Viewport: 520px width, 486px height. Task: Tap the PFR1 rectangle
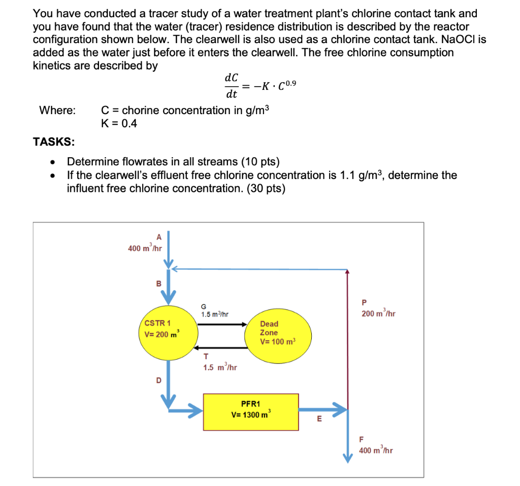tap(251, 410)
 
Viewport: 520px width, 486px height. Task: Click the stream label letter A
tap(158, 237)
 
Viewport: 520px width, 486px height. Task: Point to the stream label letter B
tap(158, 284)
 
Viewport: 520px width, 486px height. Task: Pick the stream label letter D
tap(158, 380)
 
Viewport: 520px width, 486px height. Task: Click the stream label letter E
tap(319, 419)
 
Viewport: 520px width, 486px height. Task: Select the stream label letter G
tap(204, 306)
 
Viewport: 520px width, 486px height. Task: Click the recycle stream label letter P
tap(364, 303)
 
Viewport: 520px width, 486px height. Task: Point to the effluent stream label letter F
tap(362, 439)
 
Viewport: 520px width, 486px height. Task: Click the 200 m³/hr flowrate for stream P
tap(378, 314)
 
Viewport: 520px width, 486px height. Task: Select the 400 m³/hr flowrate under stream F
tap(376, 450)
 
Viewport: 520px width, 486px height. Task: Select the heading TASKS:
tap(53, 142)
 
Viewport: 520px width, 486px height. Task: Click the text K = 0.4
tap(119, 123)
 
